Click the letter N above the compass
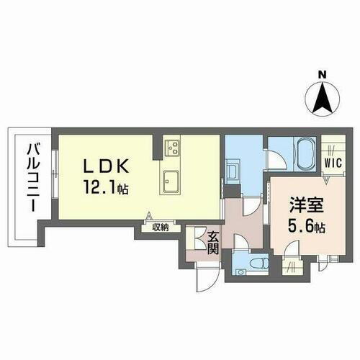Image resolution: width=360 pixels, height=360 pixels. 323,74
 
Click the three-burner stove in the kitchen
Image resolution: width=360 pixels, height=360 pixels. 173,148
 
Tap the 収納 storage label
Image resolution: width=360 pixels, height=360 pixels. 160,228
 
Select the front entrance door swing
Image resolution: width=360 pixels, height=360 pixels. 204,276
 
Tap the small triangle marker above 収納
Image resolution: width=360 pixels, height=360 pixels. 149,216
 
